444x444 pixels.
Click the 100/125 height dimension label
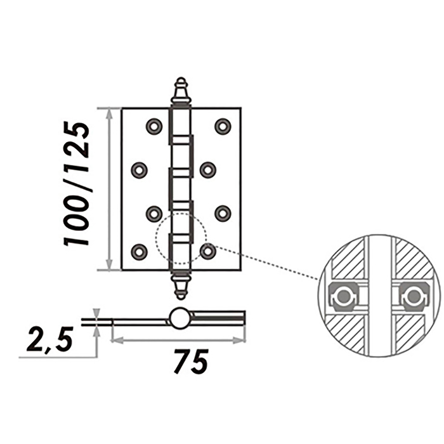point(77,184)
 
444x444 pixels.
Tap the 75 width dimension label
point(192,362)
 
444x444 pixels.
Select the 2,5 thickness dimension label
point(50,340)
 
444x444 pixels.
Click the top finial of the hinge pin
point(181,91)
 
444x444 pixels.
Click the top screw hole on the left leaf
point(154,126)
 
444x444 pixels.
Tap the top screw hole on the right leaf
point(223,126)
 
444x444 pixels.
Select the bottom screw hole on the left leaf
point(139,251)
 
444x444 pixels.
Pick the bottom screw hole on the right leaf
point(208,251)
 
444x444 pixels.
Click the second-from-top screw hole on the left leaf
point(139,170)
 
